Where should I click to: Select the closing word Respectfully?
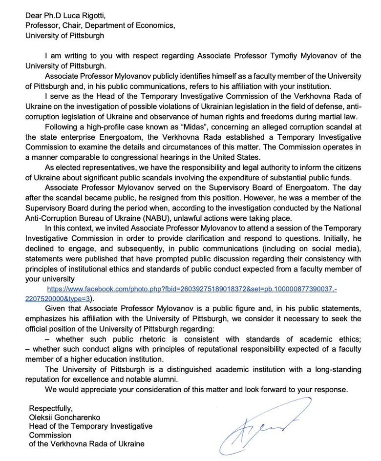point(50,408)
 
